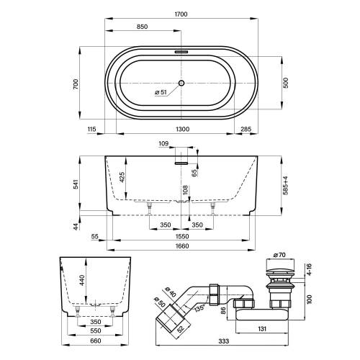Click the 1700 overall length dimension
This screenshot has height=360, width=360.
click(181, 14)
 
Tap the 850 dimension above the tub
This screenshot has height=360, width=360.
click(142, 27)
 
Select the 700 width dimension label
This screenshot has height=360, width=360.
click(76, 84)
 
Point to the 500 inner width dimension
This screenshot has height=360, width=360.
click(285, 83)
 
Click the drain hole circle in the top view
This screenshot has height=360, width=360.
click(181, 83)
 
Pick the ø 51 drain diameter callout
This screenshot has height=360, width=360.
click(161, 92)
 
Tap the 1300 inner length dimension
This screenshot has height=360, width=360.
click(183, 129)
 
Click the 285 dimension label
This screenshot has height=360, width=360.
click(246, 129)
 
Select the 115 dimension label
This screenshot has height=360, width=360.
click(91, 129)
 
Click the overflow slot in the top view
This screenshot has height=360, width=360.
click(181, 52)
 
